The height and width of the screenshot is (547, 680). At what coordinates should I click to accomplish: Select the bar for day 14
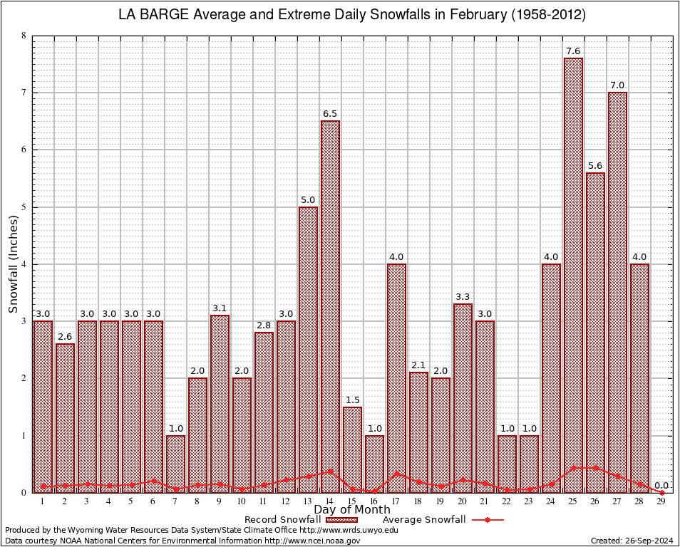(x=330, y=306)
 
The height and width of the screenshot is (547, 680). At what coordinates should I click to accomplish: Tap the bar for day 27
(x=617, y=292)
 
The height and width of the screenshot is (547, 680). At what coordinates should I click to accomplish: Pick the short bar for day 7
(x=175, y=463)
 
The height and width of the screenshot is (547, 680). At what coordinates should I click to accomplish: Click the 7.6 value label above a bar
(x=573, y=51)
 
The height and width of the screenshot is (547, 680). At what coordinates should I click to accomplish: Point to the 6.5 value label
(x=330, y=114)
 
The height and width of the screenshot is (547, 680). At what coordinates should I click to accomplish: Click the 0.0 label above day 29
(x=661, y=485)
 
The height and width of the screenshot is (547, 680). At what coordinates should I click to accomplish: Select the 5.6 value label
(x=595, y=166)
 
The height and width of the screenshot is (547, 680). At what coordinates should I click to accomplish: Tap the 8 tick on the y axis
(x=24, y=36)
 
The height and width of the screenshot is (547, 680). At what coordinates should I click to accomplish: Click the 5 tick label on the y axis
(x=24, y=207)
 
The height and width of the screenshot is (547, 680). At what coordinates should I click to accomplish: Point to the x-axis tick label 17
(x=396, y=501)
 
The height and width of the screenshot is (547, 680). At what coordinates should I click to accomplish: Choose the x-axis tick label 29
(x=661, y=501)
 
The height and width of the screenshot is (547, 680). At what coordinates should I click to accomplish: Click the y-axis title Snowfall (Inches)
(x=14, y=264)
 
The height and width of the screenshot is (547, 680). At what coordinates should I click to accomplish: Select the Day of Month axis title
(x=351, y=510)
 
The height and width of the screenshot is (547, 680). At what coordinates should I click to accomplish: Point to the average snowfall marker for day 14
(x=330, y=471)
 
